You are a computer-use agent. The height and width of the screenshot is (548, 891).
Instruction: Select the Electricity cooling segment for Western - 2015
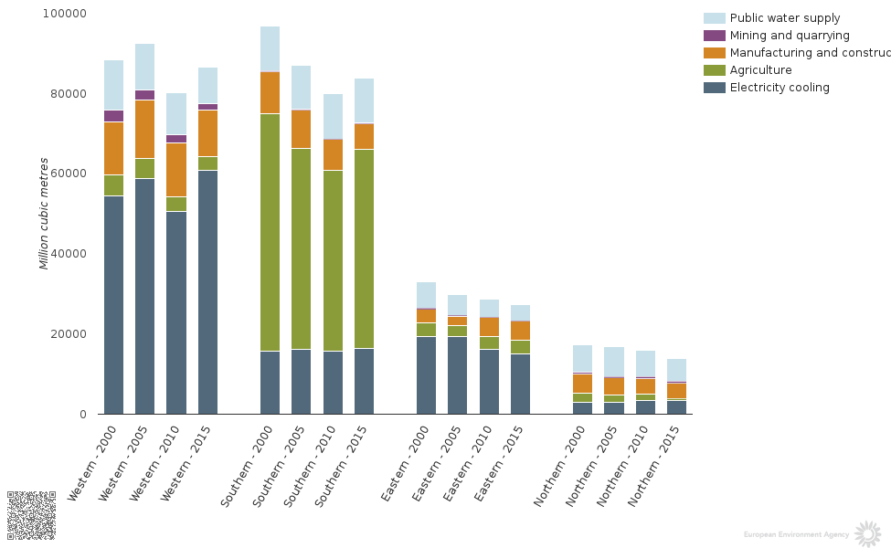pos(207,292)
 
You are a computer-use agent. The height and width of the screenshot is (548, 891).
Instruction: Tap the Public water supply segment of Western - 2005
pos(144,67)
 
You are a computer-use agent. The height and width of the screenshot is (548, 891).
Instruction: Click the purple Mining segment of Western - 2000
pos(113,116)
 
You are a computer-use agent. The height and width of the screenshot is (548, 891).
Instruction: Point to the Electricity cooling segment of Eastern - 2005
pos(457,374)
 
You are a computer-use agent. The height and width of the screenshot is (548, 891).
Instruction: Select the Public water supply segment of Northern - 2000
pos(582,358)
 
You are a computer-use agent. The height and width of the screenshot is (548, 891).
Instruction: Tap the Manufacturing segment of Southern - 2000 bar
pos(270,92)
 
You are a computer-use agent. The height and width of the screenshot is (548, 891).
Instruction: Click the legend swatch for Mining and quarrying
pos(714,36)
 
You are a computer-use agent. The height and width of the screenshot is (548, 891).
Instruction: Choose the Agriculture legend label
pos(760,70)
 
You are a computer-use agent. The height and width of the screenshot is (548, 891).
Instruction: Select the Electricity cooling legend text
pos(780,88)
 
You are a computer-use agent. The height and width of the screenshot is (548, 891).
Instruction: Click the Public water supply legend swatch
pos(714,18)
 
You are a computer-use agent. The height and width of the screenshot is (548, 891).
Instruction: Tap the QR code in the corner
pos(31,515)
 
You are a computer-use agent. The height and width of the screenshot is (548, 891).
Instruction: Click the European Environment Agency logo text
pos(796,534)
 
